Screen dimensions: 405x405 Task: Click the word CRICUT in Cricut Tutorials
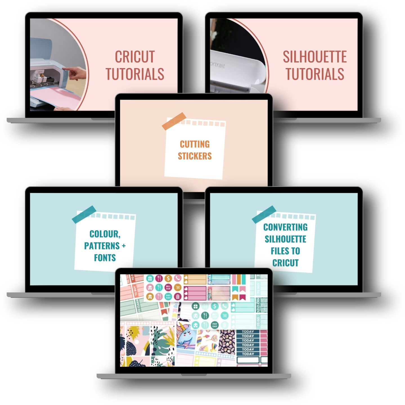135,57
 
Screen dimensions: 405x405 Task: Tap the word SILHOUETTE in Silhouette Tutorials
314,57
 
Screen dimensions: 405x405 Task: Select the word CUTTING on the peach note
195,144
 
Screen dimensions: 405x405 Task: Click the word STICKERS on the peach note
195,156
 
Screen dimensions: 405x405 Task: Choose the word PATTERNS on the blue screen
102,246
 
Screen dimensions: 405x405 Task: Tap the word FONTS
105,258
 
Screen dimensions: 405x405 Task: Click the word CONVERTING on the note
285,227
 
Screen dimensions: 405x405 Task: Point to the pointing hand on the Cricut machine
74,72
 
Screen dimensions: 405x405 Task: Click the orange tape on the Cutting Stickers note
174,121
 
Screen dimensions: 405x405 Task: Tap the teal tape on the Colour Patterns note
84,214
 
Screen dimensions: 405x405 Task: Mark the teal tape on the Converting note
264,214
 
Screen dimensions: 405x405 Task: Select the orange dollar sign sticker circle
168,278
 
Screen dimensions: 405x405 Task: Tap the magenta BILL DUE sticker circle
168,287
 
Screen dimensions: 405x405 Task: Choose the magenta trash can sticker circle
177,296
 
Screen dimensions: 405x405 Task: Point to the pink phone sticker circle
177,278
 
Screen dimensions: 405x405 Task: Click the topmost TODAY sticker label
247,332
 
